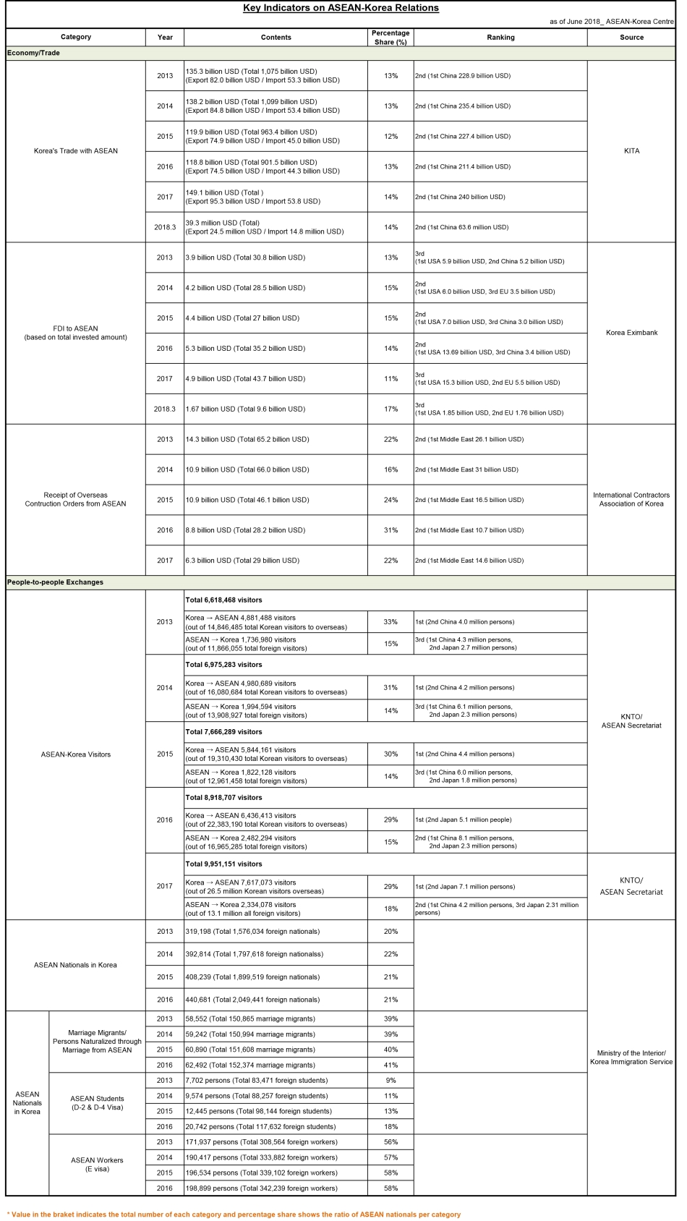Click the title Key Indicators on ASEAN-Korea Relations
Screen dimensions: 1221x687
tap(341, 8)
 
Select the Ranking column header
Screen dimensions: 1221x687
tap(500, 37)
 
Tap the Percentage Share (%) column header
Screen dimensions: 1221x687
tap(391, 37)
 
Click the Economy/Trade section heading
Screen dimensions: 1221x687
tap(33, 53)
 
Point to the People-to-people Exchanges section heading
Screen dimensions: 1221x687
tap(55, 582)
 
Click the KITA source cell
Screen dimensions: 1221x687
tap(631, 151)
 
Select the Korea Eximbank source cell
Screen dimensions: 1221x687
tap(631, 333)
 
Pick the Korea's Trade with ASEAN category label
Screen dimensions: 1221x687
tap(76, 151)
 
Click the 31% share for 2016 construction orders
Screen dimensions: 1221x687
tap(391, 530)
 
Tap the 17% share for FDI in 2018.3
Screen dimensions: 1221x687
tap(391, 409)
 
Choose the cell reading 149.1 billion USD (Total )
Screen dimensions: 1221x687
tap(224, 193)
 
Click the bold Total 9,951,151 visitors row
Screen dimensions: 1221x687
tap(224, 864)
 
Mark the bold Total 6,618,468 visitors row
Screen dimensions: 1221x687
tap(224, 600)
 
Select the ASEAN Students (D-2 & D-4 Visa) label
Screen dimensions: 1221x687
tap(97, 1103)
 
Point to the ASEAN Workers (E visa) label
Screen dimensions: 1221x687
tap(97, 1165)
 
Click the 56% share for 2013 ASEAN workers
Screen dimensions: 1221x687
tap(391, 1142)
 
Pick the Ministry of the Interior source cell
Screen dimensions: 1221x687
tap(631, 1058)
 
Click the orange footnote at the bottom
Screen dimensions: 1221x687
tap(234, 1214)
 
